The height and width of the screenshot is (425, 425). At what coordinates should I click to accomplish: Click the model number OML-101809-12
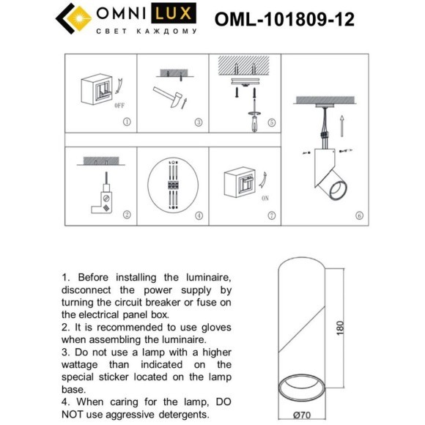coord(285,19)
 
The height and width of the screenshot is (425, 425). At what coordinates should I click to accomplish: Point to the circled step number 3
coord(198,122)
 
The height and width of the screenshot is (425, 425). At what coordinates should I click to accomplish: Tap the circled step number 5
coord(270,122)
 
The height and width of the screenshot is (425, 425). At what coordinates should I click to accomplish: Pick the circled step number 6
coord(358,215)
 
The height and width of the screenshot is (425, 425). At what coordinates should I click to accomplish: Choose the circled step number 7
coord(270,215)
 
